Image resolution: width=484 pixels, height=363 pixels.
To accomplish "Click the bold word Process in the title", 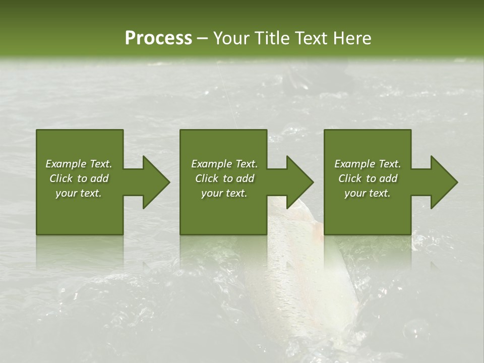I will coord(158,38).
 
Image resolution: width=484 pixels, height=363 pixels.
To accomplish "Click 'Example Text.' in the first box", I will coord(79,164).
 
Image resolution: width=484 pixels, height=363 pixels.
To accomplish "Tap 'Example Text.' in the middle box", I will coord(224,164).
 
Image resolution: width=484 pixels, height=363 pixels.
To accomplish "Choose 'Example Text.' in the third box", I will coord(368,164).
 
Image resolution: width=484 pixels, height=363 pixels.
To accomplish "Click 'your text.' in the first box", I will coord(79,193).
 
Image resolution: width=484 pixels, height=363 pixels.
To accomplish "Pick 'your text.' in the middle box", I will coord(224,193).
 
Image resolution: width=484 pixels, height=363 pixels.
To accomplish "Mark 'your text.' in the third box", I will coord(368,193).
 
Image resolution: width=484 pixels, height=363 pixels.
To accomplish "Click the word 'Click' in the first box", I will coord(61,178).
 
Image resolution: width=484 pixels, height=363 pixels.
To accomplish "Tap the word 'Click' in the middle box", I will coord(207,178).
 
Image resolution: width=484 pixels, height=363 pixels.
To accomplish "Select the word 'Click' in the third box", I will coord(350,178).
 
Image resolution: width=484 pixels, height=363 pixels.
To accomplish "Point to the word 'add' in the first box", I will coord(99,178).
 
